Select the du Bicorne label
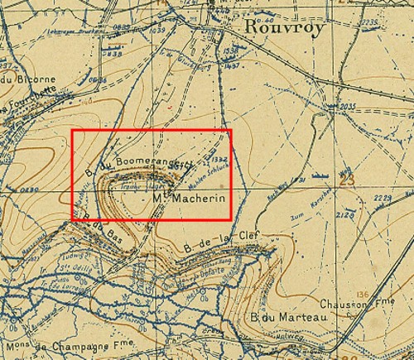pyautogui.click(x=23, y=79)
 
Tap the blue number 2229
pyautogui.click(x=382, y=197)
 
